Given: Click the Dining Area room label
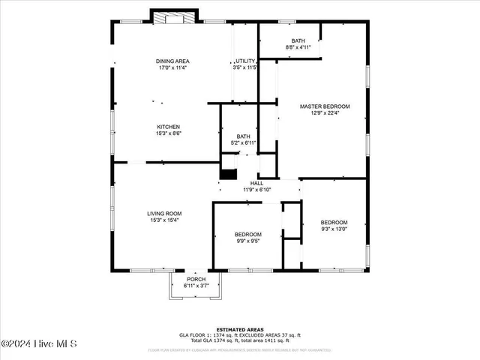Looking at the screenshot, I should pos(172,61).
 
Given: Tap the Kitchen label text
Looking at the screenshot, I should pos(168,127).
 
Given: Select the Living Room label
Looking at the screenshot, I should pos(164,214).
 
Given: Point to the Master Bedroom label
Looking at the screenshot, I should pos(325,106).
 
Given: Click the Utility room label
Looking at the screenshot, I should pos(246,61).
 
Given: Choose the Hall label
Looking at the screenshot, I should pos(256,183).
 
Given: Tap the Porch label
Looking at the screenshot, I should pos(196,280).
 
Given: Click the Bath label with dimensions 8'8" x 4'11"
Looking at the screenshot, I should pos(298,40).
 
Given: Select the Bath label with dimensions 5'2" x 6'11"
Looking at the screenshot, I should pos(243,136).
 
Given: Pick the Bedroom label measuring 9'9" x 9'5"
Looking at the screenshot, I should pos(247,235).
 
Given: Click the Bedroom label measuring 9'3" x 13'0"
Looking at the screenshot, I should pos(334,223).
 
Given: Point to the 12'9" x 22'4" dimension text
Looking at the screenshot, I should pos(325,113).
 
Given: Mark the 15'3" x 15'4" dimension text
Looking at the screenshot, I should pos(164,220).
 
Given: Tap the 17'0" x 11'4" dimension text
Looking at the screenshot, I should pos(172,68).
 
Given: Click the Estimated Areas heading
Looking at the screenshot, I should pos(239,329).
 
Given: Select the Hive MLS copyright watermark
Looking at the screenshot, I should pos(39,344).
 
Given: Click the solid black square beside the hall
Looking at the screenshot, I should pos(228,174).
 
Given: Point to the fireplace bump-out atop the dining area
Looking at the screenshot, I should pos(175,16).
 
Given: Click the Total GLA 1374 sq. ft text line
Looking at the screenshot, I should pos(239,341).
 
